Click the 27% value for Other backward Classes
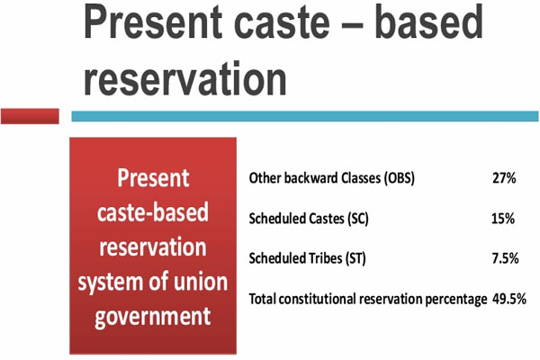[504, 178]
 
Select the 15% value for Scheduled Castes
[503, 219]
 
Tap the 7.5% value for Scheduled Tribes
[505, 258]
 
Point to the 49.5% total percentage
[509, 299]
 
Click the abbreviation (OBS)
[400, 178]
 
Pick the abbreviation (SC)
[358, 219]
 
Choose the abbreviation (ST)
[355, 258]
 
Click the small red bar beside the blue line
[30, 116]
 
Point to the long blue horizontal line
[305, 116]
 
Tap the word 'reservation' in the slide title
[185, 78]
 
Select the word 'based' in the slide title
[428, 22]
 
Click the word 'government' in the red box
[153, 317]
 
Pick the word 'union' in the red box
[201, 282]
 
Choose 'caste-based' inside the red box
[153, 212]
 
